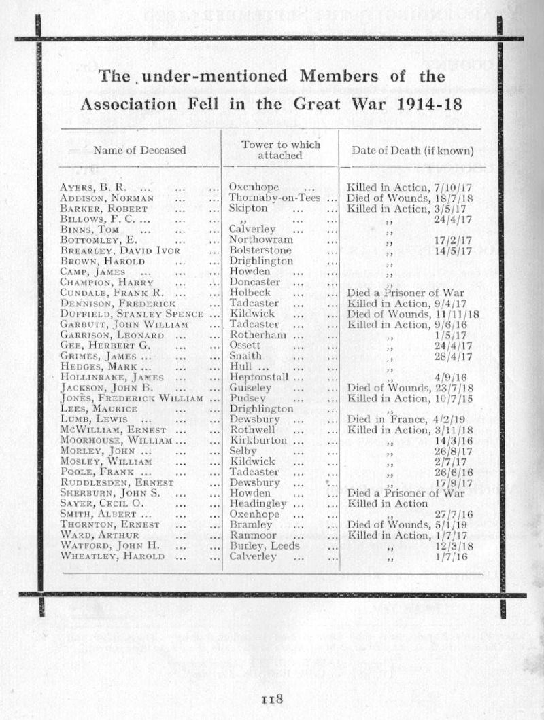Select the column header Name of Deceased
click(x=139, y=149)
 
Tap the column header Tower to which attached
click(x=280, y=150)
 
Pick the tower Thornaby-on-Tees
click(x=275, y=198)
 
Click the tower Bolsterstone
click(x=260, y=250)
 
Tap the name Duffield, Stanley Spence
click(x=131, y=314)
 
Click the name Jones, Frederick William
click(x=131, y=398)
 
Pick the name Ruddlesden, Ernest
click(x=116, y=482)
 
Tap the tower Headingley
click(x=259, y=503)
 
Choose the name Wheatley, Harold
click(x=112, y=556)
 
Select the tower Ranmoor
click(x=254, y=535)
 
